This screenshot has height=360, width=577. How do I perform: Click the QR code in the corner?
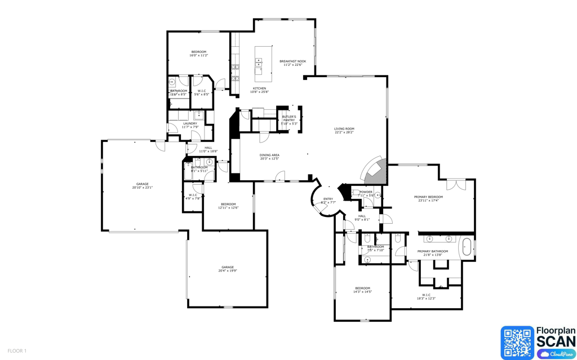click(517, 342)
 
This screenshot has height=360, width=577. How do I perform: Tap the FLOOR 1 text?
click(17, 351)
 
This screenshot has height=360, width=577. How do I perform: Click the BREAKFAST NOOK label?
click(293, 61)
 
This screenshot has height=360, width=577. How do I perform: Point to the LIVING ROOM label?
click(344, 128)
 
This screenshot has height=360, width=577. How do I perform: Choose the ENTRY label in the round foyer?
click(327, 199)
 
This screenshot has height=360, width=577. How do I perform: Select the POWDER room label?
click(366, 192)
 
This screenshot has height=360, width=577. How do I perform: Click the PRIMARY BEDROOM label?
click(428, 197)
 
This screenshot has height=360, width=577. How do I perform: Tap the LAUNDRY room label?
click(190, 123)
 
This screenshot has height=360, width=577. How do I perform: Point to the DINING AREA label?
click(269, 155)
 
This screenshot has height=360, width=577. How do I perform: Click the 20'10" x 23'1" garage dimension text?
click(143, 188)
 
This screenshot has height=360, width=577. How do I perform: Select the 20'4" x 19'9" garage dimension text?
click(228, 271)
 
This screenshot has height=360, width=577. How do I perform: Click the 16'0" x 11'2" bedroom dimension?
click(198, 56)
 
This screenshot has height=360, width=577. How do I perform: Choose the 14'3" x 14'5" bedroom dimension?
click(362, 292)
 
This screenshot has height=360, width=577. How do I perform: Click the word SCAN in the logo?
click(556, 341)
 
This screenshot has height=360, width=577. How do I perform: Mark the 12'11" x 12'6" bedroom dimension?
click(228, 208)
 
